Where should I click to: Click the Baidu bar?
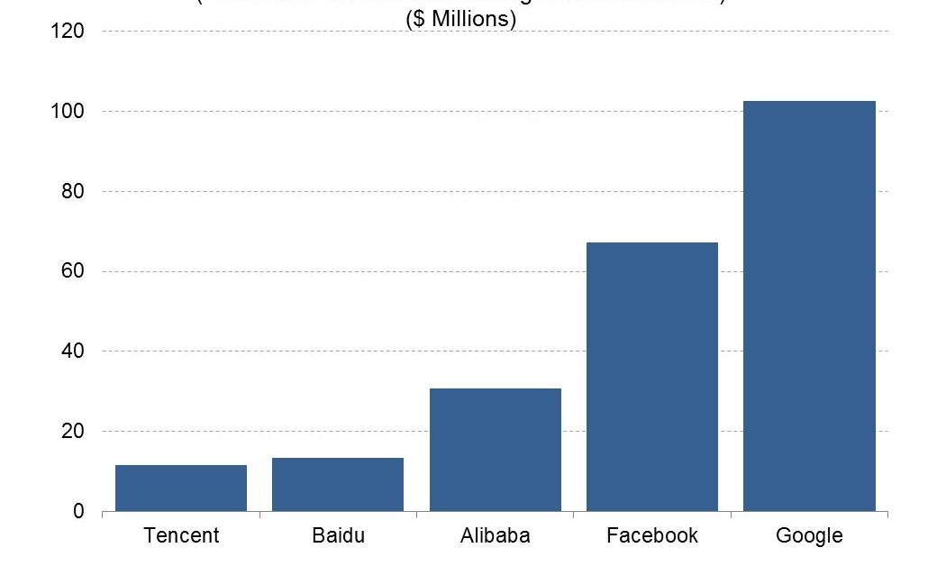click(x=338, y=484)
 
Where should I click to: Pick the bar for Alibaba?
click(x=495, y=450)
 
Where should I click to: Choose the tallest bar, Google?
click(x=809, y=306)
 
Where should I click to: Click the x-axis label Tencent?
click(x=181, y=535)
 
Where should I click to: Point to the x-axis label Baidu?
click(x=339, y=535)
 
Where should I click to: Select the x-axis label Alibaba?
click(x=495, y=535)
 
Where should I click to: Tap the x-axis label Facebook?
click(x=652, y=535)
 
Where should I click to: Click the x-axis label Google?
click(x=809, y=536)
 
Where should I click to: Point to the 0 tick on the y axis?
click(x=78, y=512)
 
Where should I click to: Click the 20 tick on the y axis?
click(x=73, y=432)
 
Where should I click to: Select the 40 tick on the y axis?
click(x=73, y=351)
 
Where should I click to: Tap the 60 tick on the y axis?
click(x=73, y=271)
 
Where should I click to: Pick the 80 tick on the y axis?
click(x=73, y=191)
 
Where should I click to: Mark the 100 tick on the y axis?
click(x=68, y=112)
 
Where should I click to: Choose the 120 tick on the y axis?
click(x=68, y=32)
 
